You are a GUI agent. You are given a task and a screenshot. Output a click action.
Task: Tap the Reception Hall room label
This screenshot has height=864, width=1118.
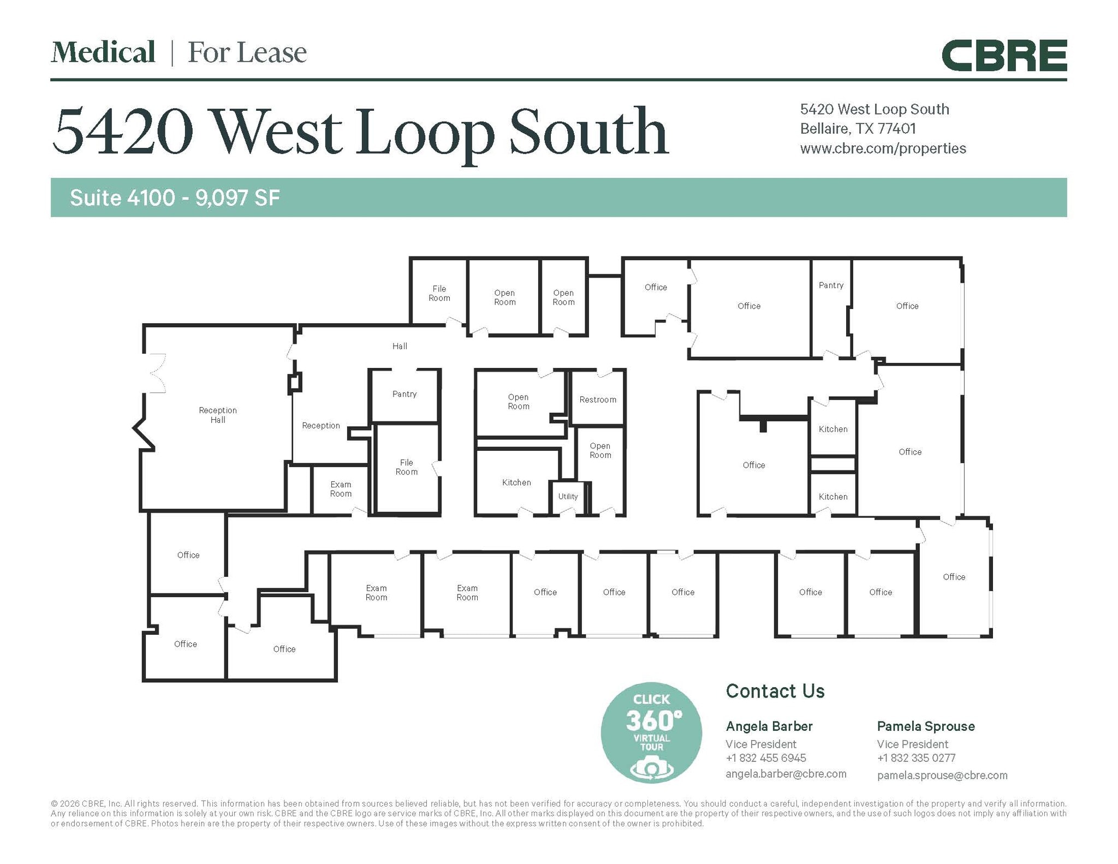[x=217, y=415]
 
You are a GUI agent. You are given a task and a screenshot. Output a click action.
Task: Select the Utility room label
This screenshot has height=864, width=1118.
[x=567, y=496]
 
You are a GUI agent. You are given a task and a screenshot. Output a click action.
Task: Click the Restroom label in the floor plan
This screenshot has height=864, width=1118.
[x=597, y=400]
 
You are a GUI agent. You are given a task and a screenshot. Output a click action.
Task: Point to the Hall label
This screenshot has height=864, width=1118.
[x=399, y=346]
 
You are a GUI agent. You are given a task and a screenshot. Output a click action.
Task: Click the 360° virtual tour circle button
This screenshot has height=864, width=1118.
[x=651, y=732]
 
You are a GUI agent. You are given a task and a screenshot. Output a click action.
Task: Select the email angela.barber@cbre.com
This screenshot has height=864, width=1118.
[x=785, y=773]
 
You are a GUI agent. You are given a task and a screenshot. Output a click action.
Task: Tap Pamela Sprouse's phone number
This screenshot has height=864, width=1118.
[x=915, y=758]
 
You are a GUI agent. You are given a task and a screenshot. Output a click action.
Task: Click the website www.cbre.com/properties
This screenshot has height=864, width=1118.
[x=882, y=148]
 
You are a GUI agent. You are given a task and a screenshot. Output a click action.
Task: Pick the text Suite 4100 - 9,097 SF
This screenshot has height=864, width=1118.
[x=175, y=198]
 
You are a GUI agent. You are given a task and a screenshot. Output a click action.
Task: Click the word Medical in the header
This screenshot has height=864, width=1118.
[x=103, y=52]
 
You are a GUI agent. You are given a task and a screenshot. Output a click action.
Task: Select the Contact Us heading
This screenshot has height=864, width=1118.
[x=775, y=691]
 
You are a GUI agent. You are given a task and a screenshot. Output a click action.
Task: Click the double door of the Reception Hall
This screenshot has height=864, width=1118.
[x=156, y=373]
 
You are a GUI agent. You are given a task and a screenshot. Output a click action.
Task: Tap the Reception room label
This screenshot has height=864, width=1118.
[x=320, y=425]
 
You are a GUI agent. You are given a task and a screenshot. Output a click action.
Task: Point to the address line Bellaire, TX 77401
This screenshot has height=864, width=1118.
[x=858, y=129]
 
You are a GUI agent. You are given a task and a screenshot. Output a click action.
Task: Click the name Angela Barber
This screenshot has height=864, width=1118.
[x=769, y=726]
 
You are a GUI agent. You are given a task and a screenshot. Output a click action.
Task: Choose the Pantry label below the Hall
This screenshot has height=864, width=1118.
[x=404, y=394]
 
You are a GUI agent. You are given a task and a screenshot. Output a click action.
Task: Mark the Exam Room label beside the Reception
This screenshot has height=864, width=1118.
[x=340, y=489]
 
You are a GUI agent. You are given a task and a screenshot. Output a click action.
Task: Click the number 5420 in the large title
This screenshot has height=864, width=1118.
[x=123, y=132]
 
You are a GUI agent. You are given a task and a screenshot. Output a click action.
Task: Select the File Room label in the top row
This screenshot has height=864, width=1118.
[x=439, y=293]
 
